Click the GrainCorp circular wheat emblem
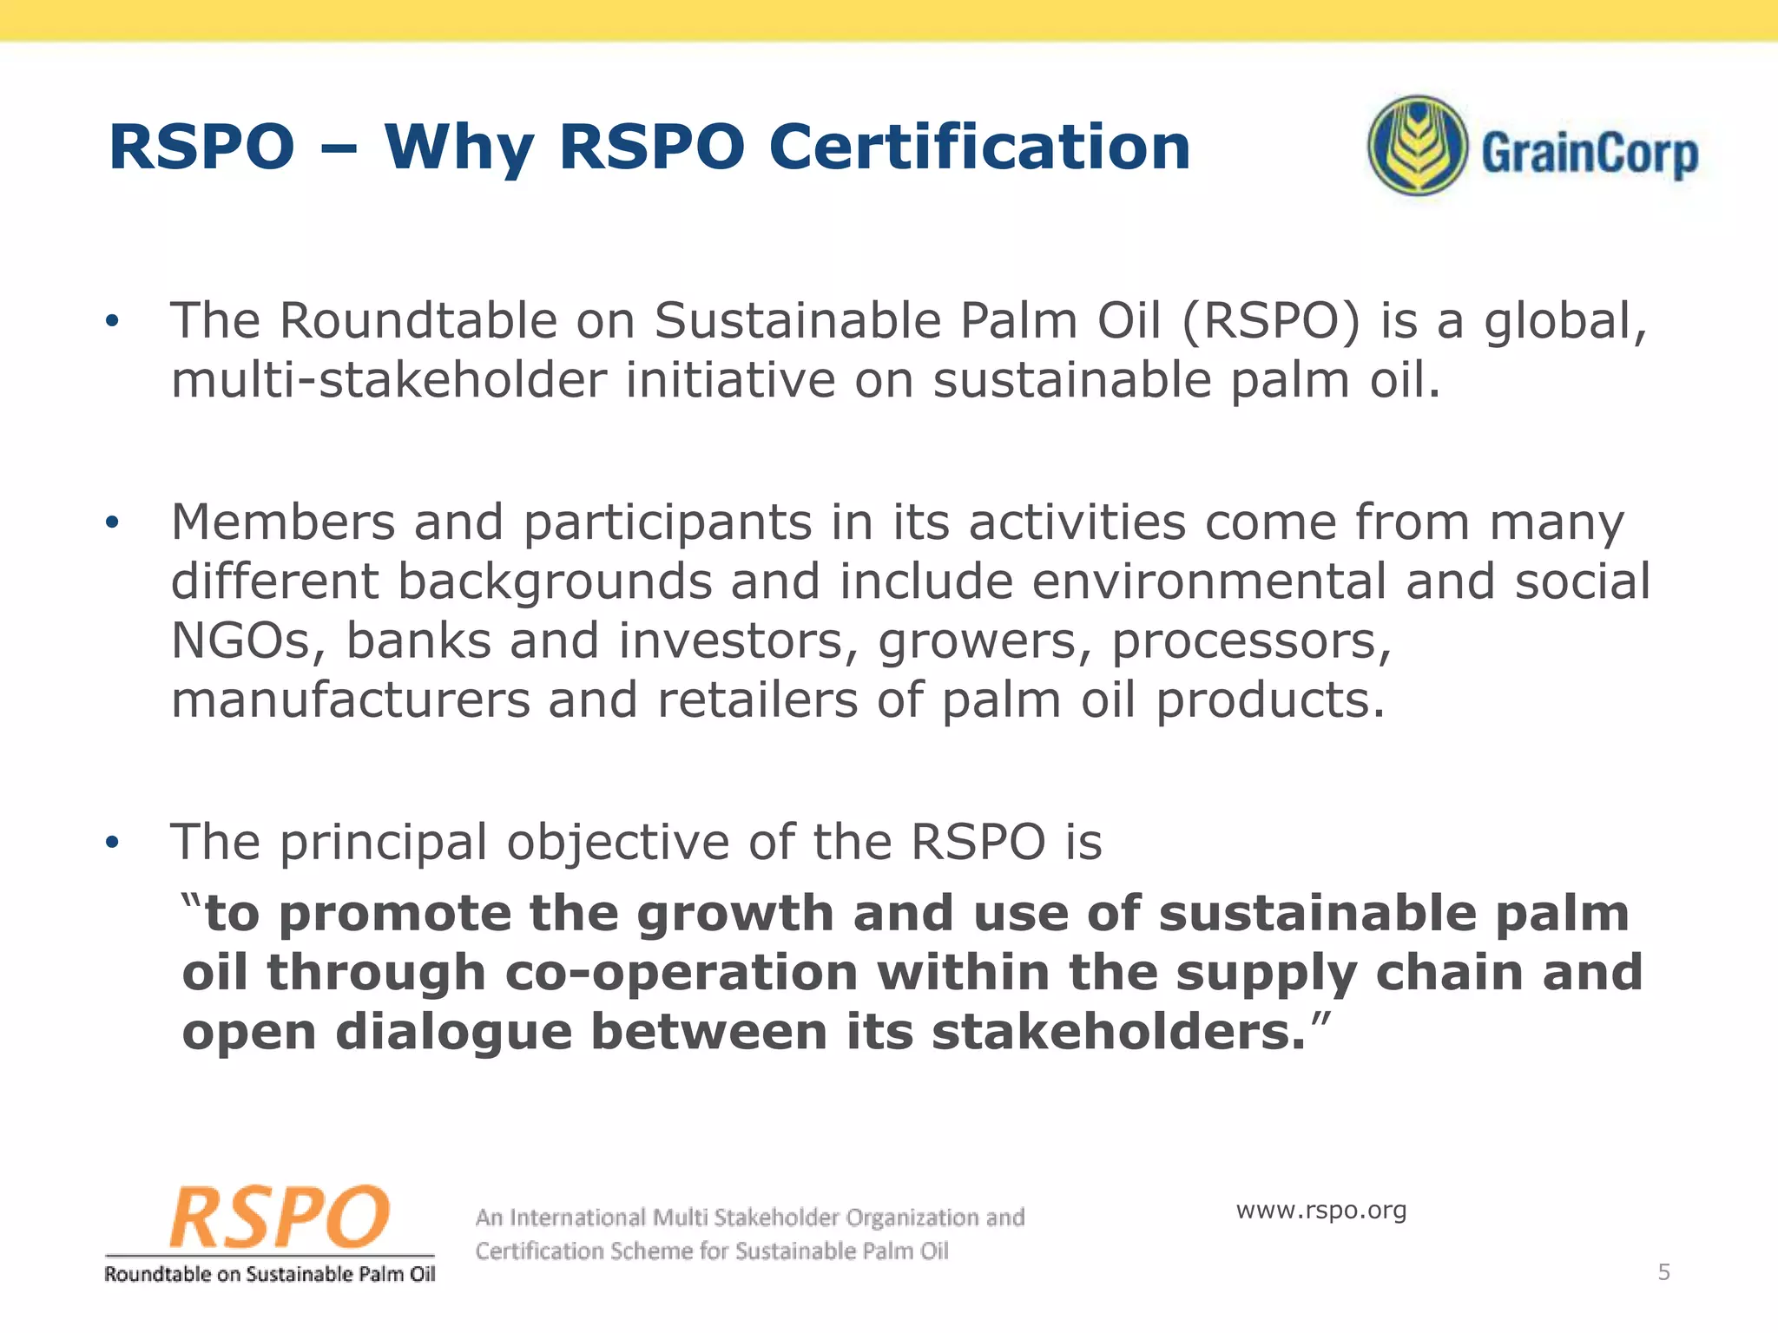[x=1418, y=145]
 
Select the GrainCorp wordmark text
[x=1589, y=154]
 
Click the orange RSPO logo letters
[x=280, y=1217]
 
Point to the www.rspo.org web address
[x=1320, y=1210]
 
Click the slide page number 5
[x=1663, y=1272]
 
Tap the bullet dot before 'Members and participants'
[x=111, y=522]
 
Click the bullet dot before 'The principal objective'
[x=111, y=843]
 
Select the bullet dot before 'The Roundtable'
[x=111, y=322]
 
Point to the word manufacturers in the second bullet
[x=350, y=700]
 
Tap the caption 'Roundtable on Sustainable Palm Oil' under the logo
[x=270, y=1274]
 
